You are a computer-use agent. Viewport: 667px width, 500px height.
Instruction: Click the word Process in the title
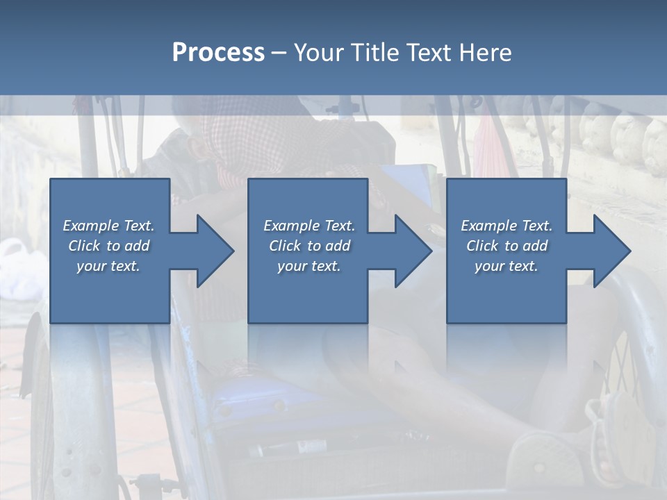click(x=218, y=53)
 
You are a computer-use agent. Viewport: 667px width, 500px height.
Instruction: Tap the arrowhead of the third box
click(x=611, y=251)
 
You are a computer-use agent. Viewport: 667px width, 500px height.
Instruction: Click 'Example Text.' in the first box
click(x=108, y=226)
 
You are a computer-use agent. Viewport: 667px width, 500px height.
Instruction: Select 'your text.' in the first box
click(x=108, y=266)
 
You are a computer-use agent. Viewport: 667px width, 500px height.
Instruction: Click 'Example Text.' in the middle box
click(x=309, y=226)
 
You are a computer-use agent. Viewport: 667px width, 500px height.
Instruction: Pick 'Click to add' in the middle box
click(x=309, y=246)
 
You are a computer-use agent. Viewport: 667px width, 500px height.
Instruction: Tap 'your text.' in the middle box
click(x=309, y=266)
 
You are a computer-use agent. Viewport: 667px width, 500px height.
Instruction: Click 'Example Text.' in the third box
click(x=507, y=226)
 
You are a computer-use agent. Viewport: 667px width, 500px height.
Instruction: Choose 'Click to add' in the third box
click(x=507, y=246)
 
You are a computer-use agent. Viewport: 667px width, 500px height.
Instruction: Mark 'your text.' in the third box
click(x=507, y=266)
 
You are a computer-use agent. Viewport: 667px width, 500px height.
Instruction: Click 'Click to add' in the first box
click(x=108, y=246)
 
